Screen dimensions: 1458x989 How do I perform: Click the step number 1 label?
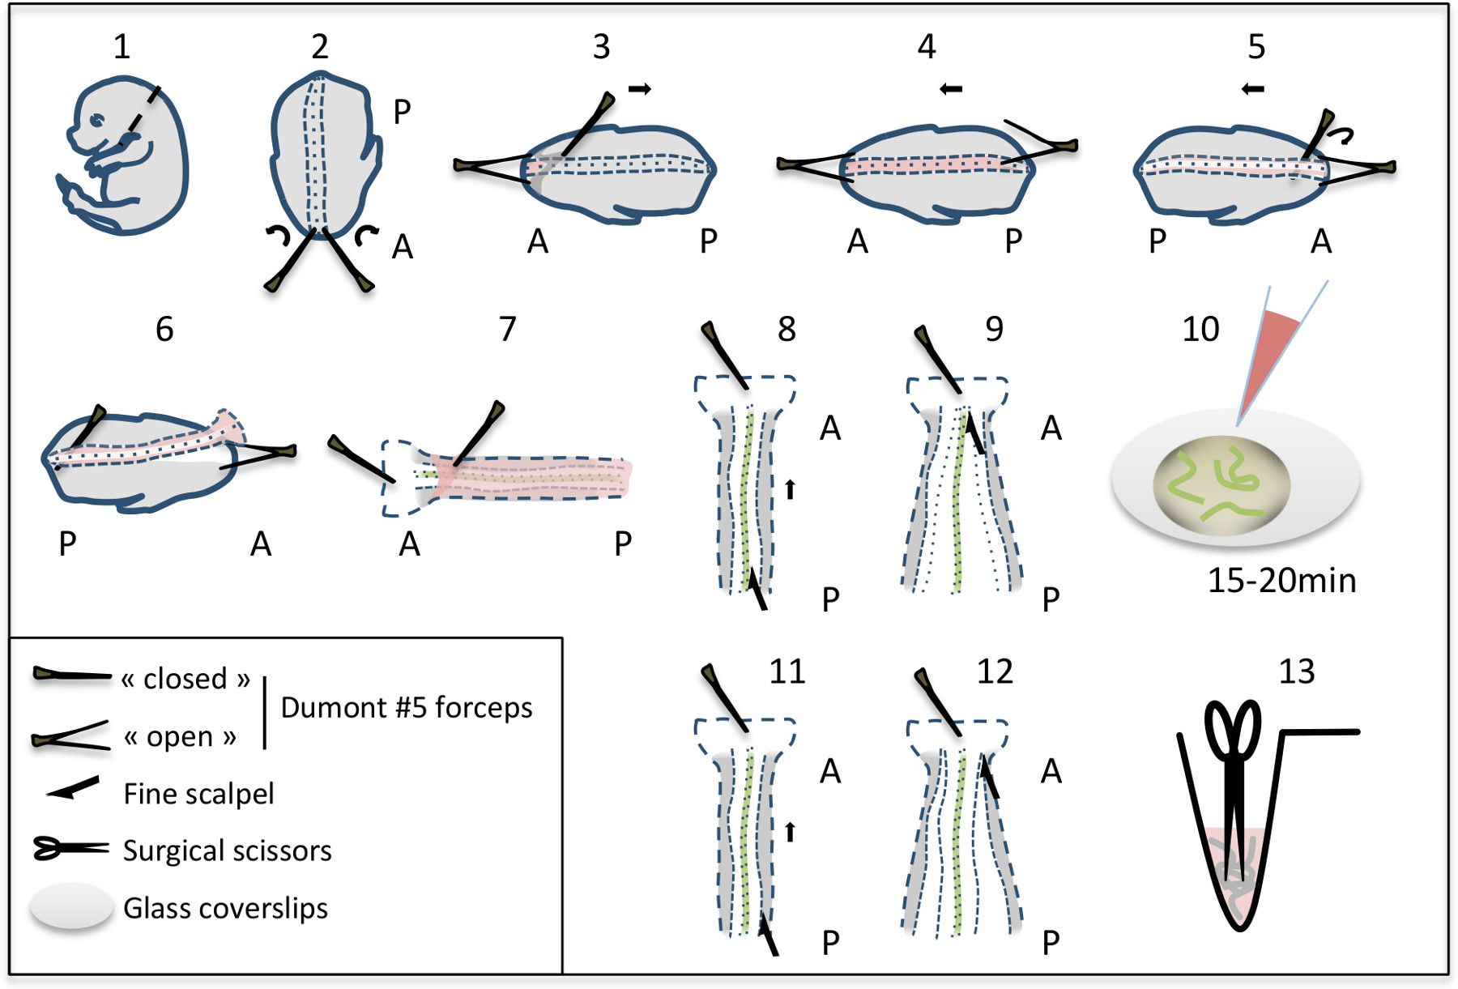[122, 47]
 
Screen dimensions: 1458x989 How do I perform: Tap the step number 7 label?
[507, 329]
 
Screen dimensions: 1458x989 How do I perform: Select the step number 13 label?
[1296, 671]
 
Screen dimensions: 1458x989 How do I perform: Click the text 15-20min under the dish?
[1281, 581]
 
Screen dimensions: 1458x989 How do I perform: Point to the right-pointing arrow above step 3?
[640, 88]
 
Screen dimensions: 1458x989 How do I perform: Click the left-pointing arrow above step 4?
[951, 88]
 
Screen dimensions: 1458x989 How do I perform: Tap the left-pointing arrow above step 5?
[1253, 88]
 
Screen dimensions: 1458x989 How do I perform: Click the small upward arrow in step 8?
[791, 489]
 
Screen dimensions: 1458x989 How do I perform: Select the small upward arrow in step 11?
[791, 832]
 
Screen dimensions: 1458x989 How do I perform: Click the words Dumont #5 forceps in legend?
[407, 708]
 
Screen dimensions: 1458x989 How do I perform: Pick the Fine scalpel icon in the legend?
[73, 787]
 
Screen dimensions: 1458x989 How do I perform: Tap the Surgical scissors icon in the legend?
[70, 849]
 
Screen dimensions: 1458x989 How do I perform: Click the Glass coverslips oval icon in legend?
[71, 906]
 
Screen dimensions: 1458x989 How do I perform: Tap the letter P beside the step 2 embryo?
[402, 113]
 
